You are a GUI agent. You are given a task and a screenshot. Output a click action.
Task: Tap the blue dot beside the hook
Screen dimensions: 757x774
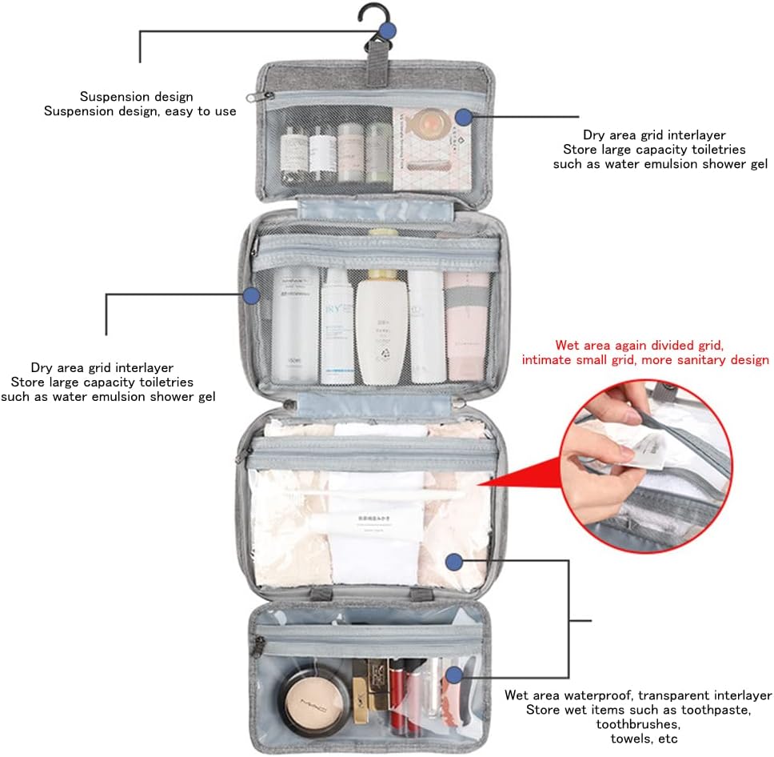pyautogui.click(x=389, y=31)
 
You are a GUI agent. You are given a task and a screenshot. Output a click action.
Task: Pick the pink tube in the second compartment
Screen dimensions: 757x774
pyautogui.click(x=467, y=324)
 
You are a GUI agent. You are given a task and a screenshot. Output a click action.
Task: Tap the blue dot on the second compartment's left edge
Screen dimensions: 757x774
pyautogui.click(x=251, y=295)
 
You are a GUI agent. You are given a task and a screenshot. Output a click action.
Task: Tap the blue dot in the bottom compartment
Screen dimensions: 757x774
pyautogui.click(x=455, y=675)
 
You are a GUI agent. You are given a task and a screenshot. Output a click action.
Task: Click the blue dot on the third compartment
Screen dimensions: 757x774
pyautogui.click(x=454, y=562)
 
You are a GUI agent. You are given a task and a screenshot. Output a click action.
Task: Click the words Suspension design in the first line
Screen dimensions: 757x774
pyautogui.click(x=136, y=97)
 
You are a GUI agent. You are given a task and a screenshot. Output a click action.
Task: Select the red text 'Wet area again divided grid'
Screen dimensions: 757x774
pyautogui.click(x=640, y=346)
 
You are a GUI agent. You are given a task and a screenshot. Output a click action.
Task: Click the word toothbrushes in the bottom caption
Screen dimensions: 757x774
pyautogui.click(x=636, y=723)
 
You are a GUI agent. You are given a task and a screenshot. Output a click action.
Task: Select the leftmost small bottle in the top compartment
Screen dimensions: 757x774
pyautogui.click(x=293, y=152)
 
